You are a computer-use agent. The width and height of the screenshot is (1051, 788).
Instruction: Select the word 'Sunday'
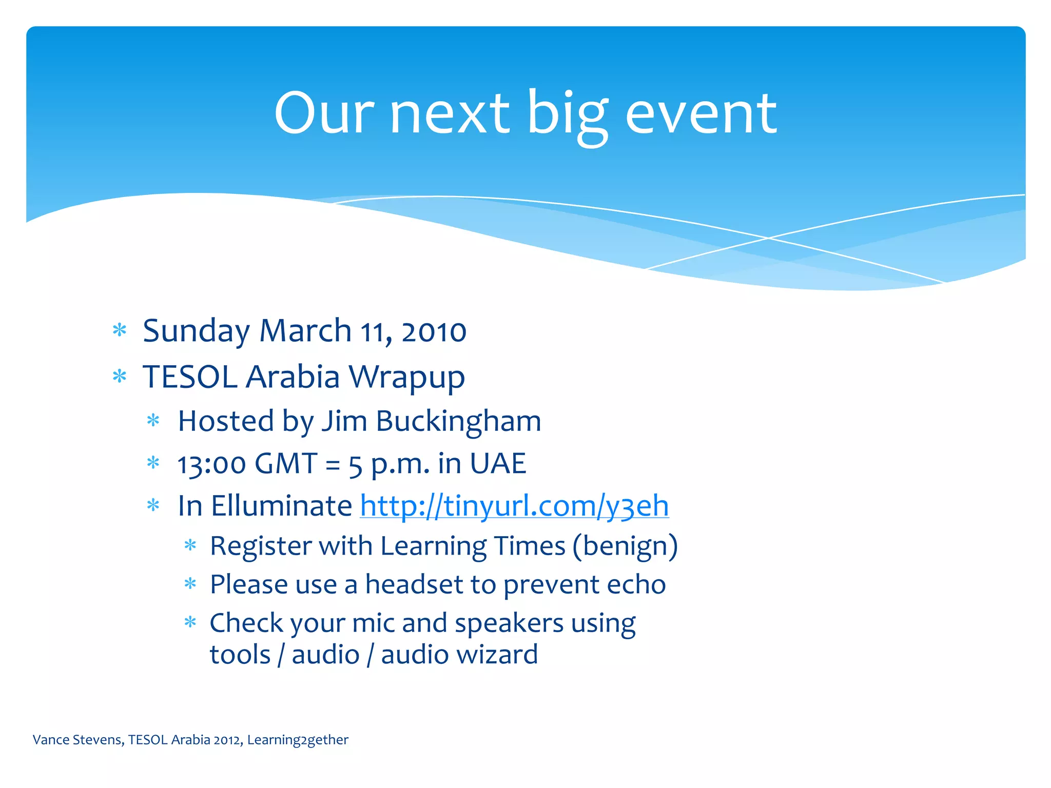pos(196,332)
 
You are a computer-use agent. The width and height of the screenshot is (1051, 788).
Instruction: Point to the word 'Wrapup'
pos(406,378)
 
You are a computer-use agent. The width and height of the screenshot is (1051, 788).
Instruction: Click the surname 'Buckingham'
pos(458,422)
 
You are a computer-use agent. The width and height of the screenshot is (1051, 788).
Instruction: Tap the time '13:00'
pos(211,464)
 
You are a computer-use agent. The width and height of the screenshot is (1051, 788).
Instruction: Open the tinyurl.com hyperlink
pos(514,506)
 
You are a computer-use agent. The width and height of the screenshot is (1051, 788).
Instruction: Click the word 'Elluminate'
pos(281,506)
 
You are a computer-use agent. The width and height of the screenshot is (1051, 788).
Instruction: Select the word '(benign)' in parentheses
pos(625,546)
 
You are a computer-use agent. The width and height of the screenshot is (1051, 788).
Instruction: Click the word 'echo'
pos(636,585)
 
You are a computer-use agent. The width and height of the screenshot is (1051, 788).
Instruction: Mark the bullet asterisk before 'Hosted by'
pos(153,421)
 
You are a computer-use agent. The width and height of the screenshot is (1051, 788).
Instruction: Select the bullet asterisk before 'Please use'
pos(190,584)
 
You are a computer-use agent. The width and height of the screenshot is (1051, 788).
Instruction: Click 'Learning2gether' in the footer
pos(298,740)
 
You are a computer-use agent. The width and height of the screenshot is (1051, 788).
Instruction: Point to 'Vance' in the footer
pos(51,740)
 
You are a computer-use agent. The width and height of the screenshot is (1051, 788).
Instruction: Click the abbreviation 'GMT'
pos(285,464)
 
